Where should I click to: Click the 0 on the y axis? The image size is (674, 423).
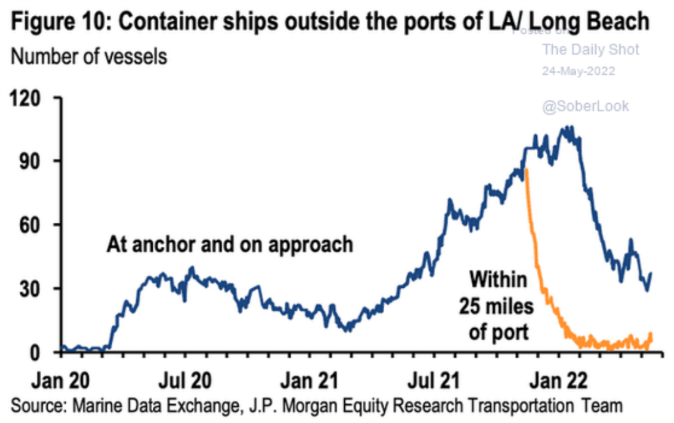click(x=41, y=352)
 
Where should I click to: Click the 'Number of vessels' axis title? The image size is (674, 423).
click(x=89, y=57)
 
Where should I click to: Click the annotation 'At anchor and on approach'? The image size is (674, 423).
click(x=230, y=245)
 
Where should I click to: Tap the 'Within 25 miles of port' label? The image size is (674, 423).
click(x=494, y=305)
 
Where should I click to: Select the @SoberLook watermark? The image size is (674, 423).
click(x=585, y=106)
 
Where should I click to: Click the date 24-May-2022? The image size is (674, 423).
click(x=578, y=72)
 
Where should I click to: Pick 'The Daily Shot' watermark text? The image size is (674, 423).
click(x=590, y=50)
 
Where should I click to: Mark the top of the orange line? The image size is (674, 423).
click(x=526, y=169)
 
